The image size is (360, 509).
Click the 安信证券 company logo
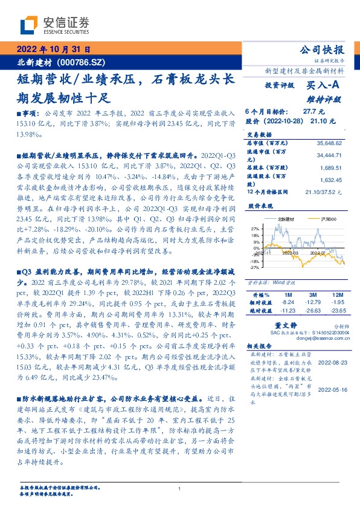(54, 25)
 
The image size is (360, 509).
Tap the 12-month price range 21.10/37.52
(326, 192)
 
